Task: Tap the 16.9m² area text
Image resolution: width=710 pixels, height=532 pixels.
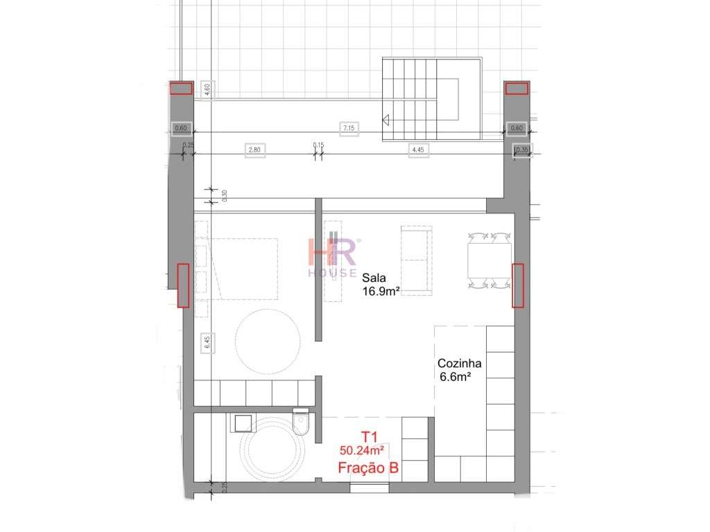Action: point(382,291)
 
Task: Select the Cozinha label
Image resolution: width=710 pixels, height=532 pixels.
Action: point(459,364)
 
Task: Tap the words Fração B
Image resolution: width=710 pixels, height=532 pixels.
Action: point(368,468)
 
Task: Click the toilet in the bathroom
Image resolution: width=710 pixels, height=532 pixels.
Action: point(302,423)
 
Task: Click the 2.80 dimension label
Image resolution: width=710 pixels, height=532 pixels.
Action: point(254,150)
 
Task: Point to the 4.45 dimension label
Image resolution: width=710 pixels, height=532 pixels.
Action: point(417,150)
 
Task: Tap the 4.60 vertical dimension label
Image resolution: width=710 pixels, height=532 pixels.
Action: point(206,90)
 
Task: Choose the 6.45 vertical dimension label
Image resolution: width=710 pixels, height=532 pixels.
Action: point(206,342)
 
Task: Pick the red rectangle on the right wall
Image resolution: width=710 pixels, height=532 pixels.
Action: point(517,285)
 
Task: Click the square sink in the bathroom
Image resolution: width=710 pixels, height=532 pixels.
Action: point(243,423)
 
